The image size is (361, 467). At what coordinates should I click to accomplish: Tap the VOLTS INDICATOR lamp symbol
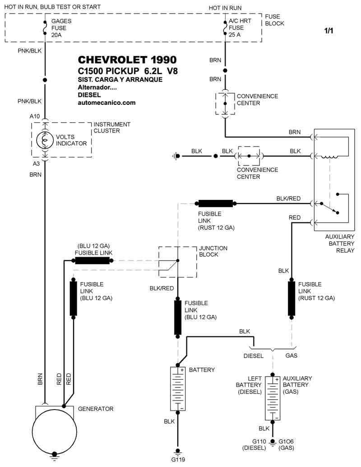[x=45, y=140]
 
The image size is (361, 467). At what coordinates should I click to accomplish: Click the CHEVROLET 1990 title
[x=127, y=60]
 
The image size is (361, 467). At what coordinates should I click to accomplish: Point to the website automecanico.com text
[x=106, y=103]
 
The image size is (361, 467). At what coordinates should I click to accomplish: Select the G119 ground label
[x=178, y=460]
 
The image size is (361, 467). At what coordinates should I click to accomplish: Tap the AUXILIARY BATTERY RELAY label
[x=340, y=243]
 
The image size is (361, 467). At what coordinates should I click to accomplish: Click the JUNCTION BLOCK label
[x=213, y=251]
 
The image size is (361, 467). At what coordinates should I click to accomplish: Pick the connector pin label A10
[x=35, y=117]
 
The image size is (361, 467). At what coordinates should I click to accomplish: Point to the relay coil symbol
[x=329, y=157]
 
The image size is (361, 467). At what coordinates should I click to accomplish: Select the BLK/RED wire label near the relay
[x=288, y=198]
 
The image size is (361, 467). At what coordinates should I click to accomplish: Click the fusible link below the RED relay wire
[x=292, y=298]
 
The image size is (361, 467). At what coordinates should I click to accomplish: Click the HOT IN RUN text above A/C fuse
[x=225, y=8]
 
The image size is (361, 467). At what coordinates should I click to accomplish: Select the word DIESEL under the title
[x=89, y=95]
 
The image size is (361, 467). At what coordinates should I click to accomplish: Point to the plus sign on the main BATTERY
[x=182, y=370]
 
